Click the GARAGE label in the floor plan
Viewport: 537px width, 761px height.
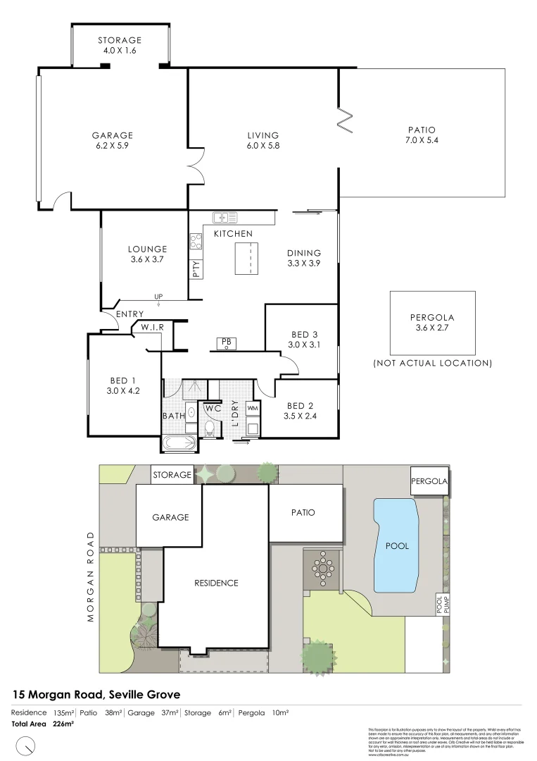pyautogui.click(x=112, y=135)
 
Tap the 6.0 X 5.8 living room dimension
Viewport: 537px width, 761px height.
pyautogui.click(x=263, y=146)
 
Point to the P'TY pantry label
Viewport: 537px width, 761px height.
pyautogui.click(x=196, y=267)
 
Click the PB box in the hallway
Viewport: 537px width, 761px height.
pyautogui.click(x=227, y=342)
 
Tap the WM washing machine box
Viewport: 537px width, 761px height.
pyautogui.click(x=253, y=409)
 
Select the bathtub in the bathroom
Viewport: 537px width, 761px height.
pyautogui.click(x=181, y=444)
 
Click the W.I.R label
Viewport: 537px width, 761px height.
pyautogui.click(x=153, y=328)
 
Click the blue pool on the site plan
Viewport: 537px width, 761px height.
pyautogui.click(x=397, y=545)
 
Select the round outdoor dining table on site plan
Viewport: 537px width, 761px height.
pyautogui.click(x=323, y=567)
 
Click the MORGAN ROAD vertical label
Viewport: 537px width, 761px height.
pyautogui.click(x=91, y=576)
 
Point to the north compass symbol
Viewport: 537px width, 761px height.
pyautogui.click(x=26, y=744)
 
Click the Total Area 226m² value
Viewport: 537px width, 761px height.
pyautogui.click(x=43, y=724)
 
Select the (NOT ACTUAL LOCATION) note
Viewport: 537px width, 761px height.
pyautogui.click(x=432, y=363)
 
